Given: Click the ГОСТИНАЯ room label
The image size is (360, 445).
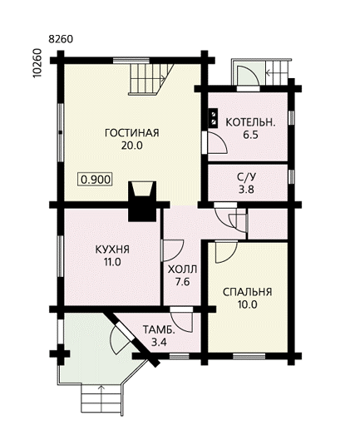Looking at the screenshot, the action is point(132,133).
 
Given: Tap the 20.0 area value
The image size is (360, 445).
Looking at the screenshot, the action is point(132,146).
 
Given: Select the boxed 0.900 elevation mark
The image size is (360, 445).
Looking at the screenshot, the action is point(96,180).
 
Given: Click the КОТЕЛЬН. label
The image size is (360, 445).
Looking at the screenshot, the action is point(250,122).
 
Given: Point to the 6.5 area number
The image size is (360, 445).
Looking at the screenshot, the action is point(250,135).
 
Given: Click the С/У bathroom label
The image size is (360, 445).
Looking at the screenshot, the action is point(247,177).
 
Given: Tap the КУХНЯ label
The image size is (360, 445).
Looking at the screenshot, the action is point(112,250).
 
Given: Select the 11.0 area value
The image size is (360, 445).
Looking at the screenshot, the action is point(112,262).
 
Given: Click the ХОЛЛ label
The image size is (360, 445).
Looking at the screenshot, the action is point(182,269).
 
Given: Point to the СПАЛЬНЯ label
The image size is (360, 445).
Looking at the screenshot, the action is point(248,292).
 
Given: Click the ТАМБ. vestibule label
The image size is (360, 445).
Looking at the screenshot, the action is point(159,329).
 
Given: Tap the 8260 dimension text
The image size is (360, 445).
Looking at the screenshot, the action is point(61,39).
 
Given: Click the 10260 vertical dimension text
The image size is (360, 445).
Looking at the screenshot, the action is point(37,63).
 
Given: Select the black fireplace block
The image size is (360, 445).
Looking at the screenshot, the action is point(142,201).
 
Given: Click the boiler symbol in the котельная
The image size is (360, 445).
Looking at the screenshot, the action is point(214,118).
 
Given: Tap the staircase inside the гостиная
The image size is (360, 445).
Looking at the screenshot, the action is point(151,79).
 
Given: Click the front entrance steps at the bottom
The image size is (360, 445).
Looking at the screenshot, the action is point(101,399).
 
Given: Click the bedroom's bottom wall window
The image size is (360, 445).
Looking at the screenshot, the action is point(249,356).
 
